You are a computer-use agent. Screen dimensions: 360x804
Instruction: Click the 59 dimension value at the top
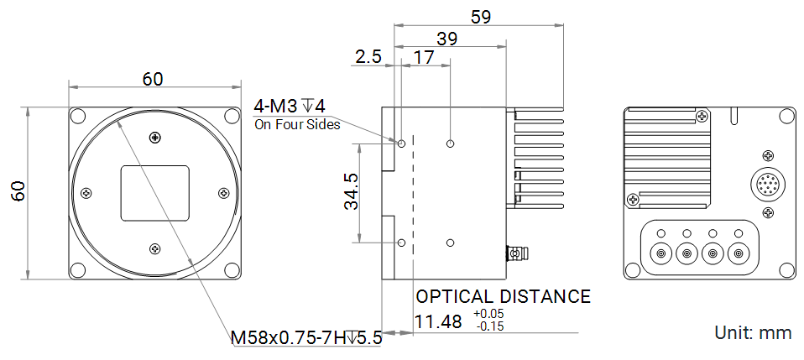[481, 16]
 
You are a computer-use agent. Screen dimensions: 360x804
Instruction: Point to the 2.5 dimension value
[368, 57]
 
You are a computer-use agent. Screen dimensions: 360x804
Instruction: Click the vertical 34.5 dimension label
[352, 191]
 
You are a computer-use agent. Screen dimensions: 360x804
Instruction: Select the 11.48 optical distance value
[438, 322]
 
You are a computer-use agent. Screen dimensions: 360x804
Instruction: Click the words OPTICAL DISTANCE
[504, 296]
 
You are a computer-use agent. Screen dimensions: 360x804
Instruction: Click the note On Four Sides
[297, 124]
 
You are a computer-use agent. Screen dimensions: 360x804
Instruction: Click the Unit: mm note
[752, 332]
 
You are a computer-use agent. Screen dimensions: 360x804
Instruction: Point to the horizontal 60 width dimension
[153, 79]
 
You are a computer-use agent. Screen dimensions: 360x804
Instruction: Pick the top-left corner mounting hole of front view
[78, 117]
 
